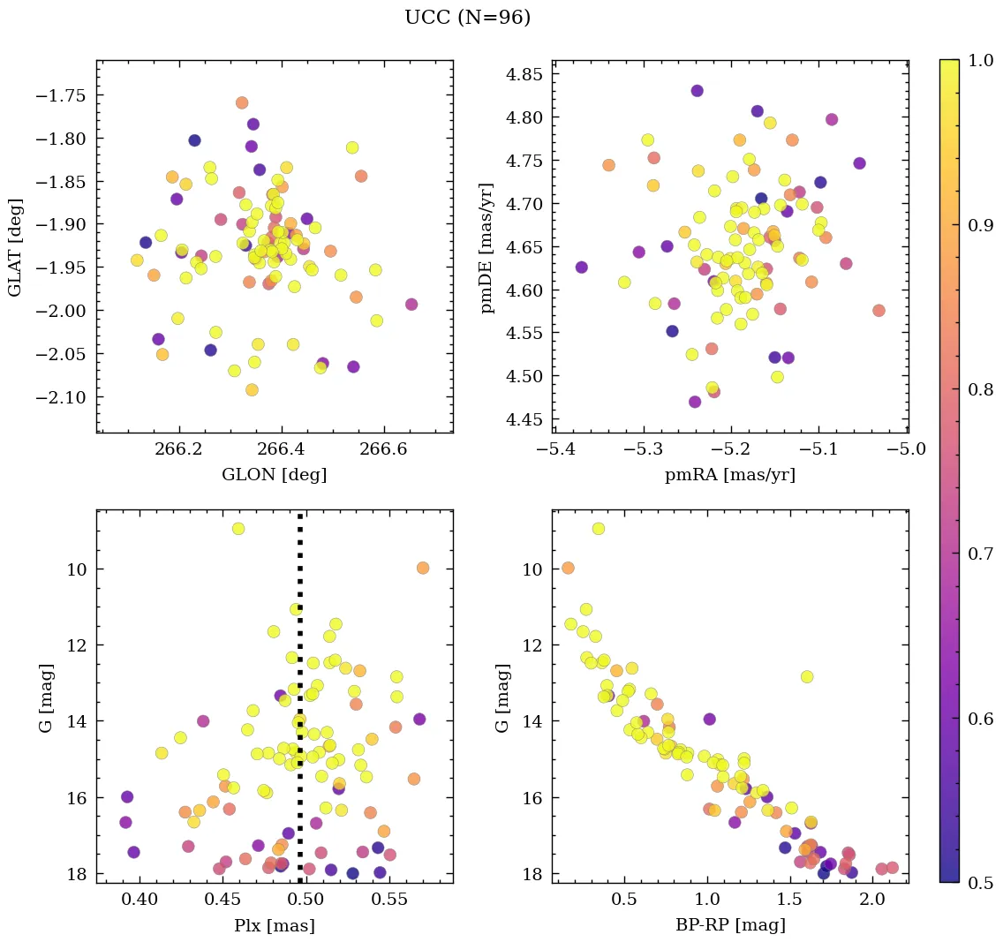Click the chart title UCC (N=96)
click(467, 18)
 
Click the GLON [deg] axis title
click(274, 475)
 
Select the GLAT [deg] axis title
click(15, 246)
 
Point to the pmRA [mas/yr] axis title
click(729, 475)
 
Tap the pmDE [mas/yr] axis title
click(486, 247)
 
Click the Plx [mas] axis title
click(274, 925)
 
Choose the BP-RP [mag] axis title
click(729, 925)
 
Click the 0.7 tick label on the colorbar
click(980, 553)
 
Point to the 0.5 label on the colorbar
click(980, 883)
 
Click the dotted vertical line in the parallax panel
click(300, 706)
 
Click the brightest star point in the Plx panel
click(238, 529)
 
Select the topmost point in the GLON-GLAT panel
click(242, 103)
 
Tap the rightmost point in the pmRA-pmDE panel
click(879, 311)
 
